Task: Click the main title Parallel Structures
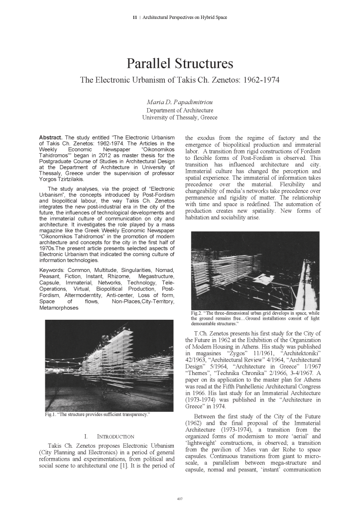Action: pyautogui.click(x=180, y=64)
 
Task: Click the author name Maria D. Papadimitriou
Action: pyautogui.click(x=180, y=102)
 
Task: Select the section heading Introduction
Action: pyautogui.click(x=108, y=437)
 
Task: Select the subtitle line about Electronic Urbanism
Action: pyautogui.click(x=180, y=79)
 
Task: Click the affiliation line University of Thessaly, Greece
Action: pyautogui.click(x=180, y=118)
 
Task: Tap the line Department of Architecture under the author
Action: pyautogui.click(x=180, y=110)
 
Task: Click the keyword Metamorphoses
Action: pyautogui.click(x=60, y=308)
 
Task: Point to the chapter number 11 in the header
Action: pyautogui.click(x=134, y=18)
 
